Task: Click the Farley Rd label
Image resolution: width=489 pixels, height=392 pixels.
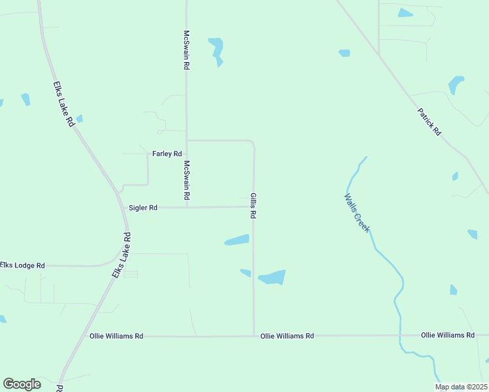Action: pyautogui.click(x=167, y=154)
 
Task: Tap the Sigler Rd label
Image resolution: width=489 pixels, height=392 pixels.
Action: pyautogui.click(x=143, y=208)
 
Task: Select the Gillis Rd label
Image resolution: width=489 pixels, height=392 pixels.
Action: pyautogui.click(x=253, y=206)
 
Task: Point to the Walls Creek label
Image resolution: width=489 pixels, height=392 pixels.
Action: pyautogui.click(x=357, y=213)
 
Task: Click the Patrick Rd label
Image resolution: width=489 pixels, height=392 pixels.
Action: pyautogui.click(x=429, y=122)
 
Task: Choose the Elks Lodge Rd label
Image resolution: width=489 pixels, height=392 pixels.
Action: pyautogui.click(x=22, y=265)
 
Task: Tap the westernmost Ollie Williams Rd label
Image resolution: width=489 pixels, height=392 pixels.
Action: pyautogui.click(x=116, y=336)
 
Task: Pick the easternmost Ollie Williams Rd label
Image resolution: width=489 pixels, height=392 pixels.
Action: pyautogui.click(x=448, y=335)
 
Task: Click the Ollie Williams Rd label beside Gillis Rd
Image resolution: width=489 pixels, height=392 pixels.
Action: pyautogui.click(x=287, y=336)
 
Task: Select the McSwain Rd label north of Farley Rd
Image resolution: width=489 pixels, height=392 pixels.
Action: pyautogui.click(x=186, y=50)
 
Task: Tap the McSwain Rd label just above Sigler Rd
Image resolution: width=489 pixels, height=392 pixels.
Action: pyautogui.click(x=186, y=180)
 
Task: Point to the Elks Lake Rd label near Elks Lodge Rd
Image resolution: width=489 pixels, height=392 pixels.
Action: pyautogui.click(x=122, y=255)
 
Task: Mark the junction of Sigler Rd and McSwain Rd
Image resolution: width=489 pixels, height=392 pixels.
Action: pyautogui.click(x=187, y=207)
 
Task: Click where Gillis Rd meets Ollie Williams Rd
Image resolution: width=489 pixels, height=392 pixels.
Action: pyautogui.click(x=254, y=336)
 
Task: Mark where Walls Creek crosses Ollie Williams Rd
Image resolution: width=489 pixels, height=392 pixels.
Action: pyautogui.click(x=399, y=335)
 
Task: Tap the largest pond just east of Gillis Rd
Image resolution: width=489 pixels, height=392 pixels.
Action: pyautogui.click(x=272, y=278)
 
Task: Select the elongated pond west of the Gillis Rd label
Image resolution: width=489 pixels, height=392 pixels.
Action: pyautogui.click(x=237, y=240)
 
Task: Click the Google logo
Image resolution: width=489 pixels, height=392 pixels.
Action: pyautogui.click(x=22, y=384)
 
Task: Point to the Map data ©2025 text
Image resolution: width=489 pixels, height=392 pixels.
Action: pyautogui.click(x=462, y=387)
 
